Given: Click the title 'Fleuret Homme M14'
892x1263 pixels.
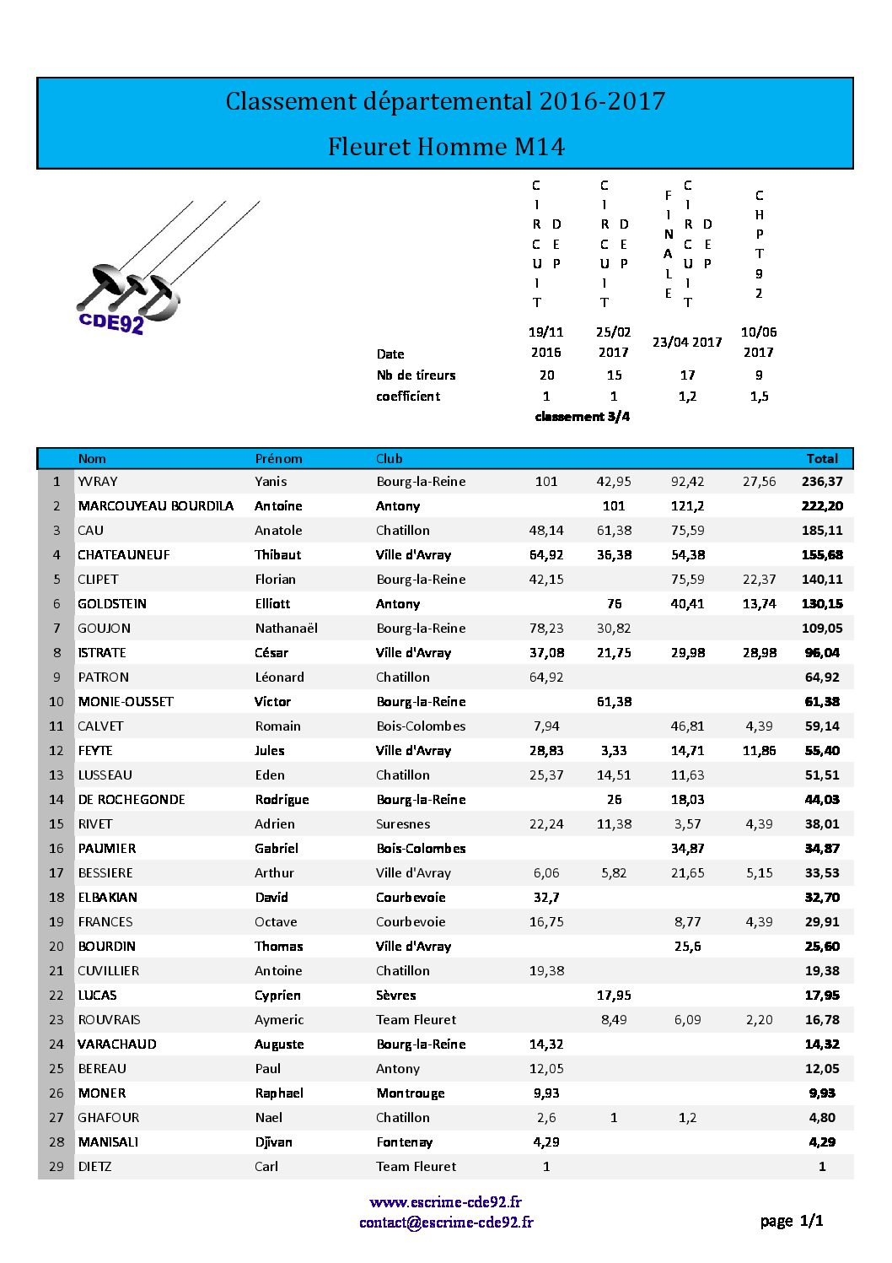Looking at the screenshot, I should pos(446,147).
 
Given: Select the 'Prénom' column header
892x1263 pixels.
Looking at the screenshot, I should pos(278,459).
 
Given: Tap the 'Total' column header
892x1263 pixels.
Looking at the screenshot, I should pos(821,459).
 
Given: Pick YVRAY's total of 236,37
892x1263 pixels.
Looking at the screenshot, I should pos(822,482).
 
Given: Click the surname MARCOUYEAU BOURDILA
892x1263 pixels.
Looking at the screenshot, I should pos(155,506).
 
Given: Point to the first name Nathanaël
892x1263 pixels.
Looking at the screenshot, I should pos(286,629).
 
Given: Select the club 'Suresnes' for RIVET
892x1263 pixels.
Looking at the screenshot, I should pos(403,824).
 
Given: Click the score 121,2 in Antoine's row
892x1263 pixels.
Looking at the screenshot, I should pos(687,506).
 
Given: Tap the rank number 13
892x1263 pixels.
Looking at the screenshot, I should pos(56,775).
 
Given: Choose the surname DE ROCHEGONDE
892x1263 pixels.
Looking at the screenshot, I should pos(132,800).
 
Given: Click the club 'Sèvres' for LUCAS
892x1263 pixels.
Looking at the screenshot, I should pos(396,996).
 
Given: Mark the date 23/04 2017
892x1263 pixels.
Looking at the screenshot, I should pos(687,343).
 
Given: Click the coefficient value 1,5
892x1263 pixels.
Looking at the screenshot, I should pos(759,397).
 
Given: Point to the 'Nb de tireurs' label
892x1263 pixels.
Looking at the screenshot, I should pos(416,375).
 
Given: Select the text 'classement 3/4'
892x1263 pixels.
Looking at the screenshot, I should pos(582,417).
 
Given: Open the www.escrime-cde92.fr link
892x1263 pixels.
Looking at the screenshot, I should pos(445,1202).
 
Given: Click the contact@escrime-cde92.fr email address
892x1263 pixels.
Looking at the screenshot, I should pos(446,1223).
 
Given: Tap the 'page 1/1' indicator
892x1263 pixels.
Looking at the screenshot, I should pos(791,1221).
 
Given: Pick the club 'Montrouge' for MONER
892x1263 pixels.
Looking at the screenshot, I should pos(411,1093).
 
